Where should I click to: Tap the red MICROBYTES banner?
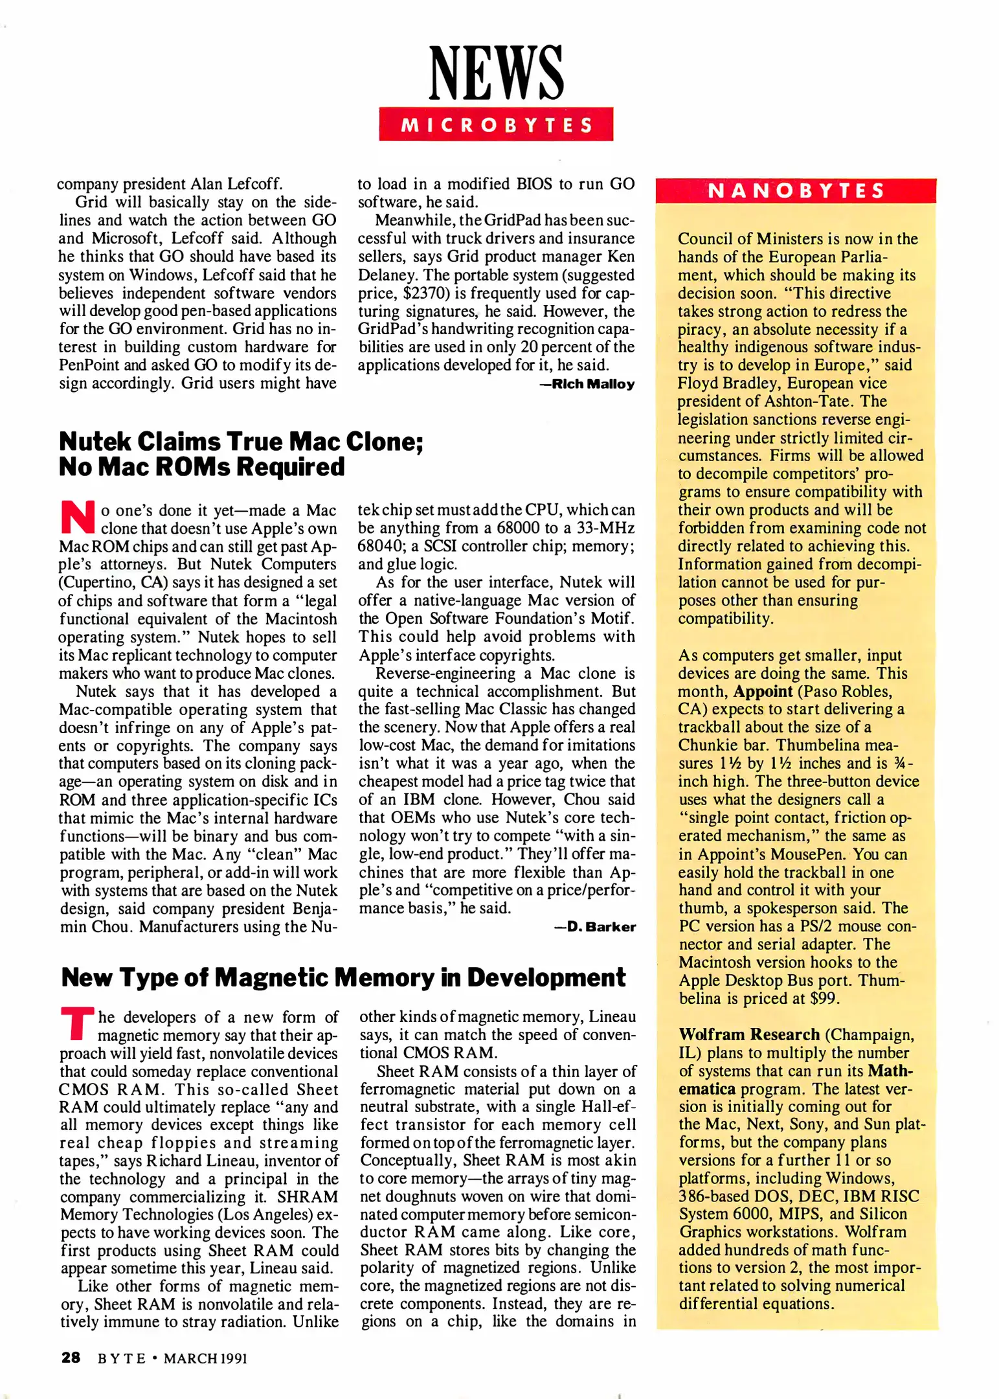click(496, 124)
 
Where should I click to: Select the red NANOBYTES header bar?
click(796, 190)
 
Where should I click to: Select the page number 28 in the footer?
click(71, 1358)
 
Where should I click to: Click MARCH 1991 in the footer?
click(205, 1358)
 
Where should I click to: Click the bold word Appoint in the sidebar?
click(763, 691)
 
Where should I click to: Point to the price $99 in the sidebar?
click(824, 998)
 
